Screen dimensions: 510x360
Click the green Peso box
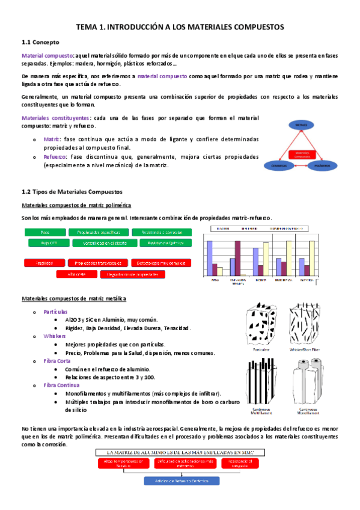(x=44, y=232)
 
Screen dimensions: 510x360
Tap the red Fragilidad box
(x=44, y=263)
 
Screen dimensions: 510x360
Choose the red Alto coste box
(x=76, y=274)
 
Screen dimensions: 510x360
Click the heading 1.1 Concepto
(x=37, y=43)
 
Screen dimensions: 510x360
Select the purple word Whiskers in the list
(x=55, y=336)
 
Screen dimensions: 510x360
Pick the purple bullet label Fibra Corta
(x=58, y=361)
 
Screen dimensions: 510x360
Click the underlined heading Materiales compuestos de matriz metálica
(x=73, y=299)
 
